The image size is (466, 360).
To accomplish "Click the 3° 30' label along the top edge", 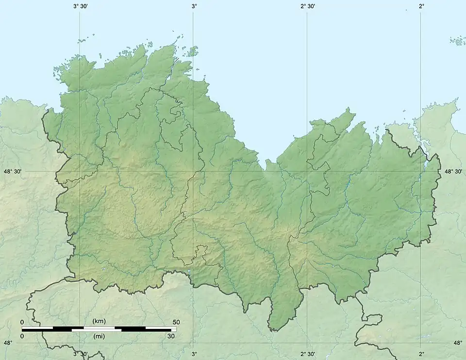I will point(80,6).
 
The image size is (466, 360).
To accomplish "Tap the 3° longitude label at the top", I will point(194,6).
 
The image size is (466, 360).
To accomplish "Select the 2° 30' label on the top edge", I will point(307,6).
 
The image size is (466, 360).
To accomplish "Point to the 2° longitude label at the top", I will point(421,6).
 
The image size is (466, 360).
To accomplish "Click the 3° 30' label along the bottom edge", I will point(80,354).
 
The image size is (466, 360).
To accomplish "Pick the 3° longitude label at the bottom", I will point(194,354).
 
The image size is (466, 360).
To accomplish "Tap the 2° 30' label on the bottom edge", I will point(307,354).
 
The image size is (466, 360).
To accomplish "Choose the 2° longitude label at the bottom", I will point(421,354).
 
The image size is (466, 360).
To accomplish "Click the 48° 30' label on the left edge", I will point(12,172).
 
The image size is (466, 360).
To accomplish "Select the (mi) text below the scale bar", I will point(99,336).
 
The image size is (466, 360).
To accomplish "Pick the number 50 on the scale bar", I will point(176,322).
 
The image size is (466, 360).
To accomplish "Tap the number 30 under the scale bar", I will point(171,336).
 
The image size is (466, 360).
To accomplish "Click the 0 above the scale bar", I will point(22,322).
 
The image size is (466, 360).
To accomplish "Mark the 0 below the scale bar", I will point(22,336).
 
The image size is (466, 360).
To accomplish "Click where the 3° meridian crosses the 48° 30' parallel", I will point(193,172).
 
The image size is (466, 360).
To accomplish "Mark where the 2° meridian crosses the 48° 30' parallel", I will point(420,172).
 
